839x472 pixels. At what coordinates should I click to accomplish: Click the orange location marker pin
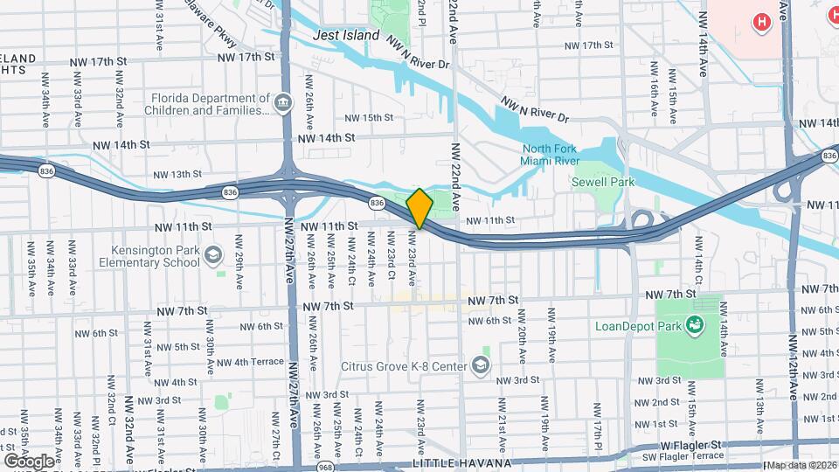pyautogui.click(x=419, y=208)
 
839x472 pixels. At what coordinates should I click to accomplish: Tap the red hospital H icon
pyautogui.click(x=761, y=22)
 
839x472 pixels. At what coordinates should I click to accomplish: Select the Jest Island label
pyautogui.click(x=348, y=36)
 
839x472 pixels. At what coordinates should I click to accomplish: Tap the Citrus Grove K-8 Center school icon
pyautogui.click(x=481, y=364)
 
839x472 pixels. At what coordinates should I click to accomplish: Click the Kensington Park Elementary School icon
pyautogui.click(x=215, y=255)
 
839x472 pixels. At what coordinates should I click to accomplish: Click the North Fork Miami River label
pyautogui.click(x=550, y=156)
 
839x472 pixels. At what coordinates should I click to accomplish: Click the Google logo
pyautogui.click(x=30, y=461)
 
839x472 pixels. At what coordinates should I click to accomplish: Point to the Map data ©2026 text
pyautogui.click(x=801, y=465)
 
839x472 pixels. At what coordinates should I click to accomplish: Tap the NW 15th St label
pyautogui.click(x=369, y=118)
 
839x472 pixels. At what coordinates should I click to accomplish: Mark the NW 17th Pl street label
pyautogui.click(x=598, y=422)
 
